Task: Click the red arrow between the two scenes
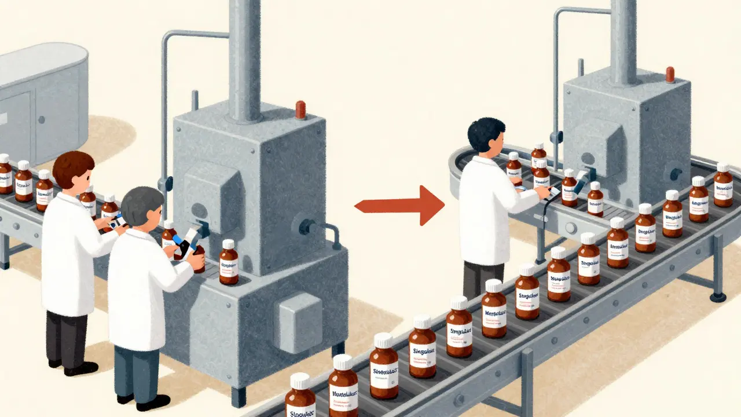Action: [x=399, y=205]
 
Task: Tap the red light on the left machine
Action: [x=300, y=109]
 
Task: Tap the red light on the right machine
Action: [x=670, y=75]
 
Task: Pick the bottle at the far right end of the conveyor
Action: [x=723, y=185]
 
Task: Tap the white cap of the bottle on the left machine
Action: [x=229, y=244]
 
